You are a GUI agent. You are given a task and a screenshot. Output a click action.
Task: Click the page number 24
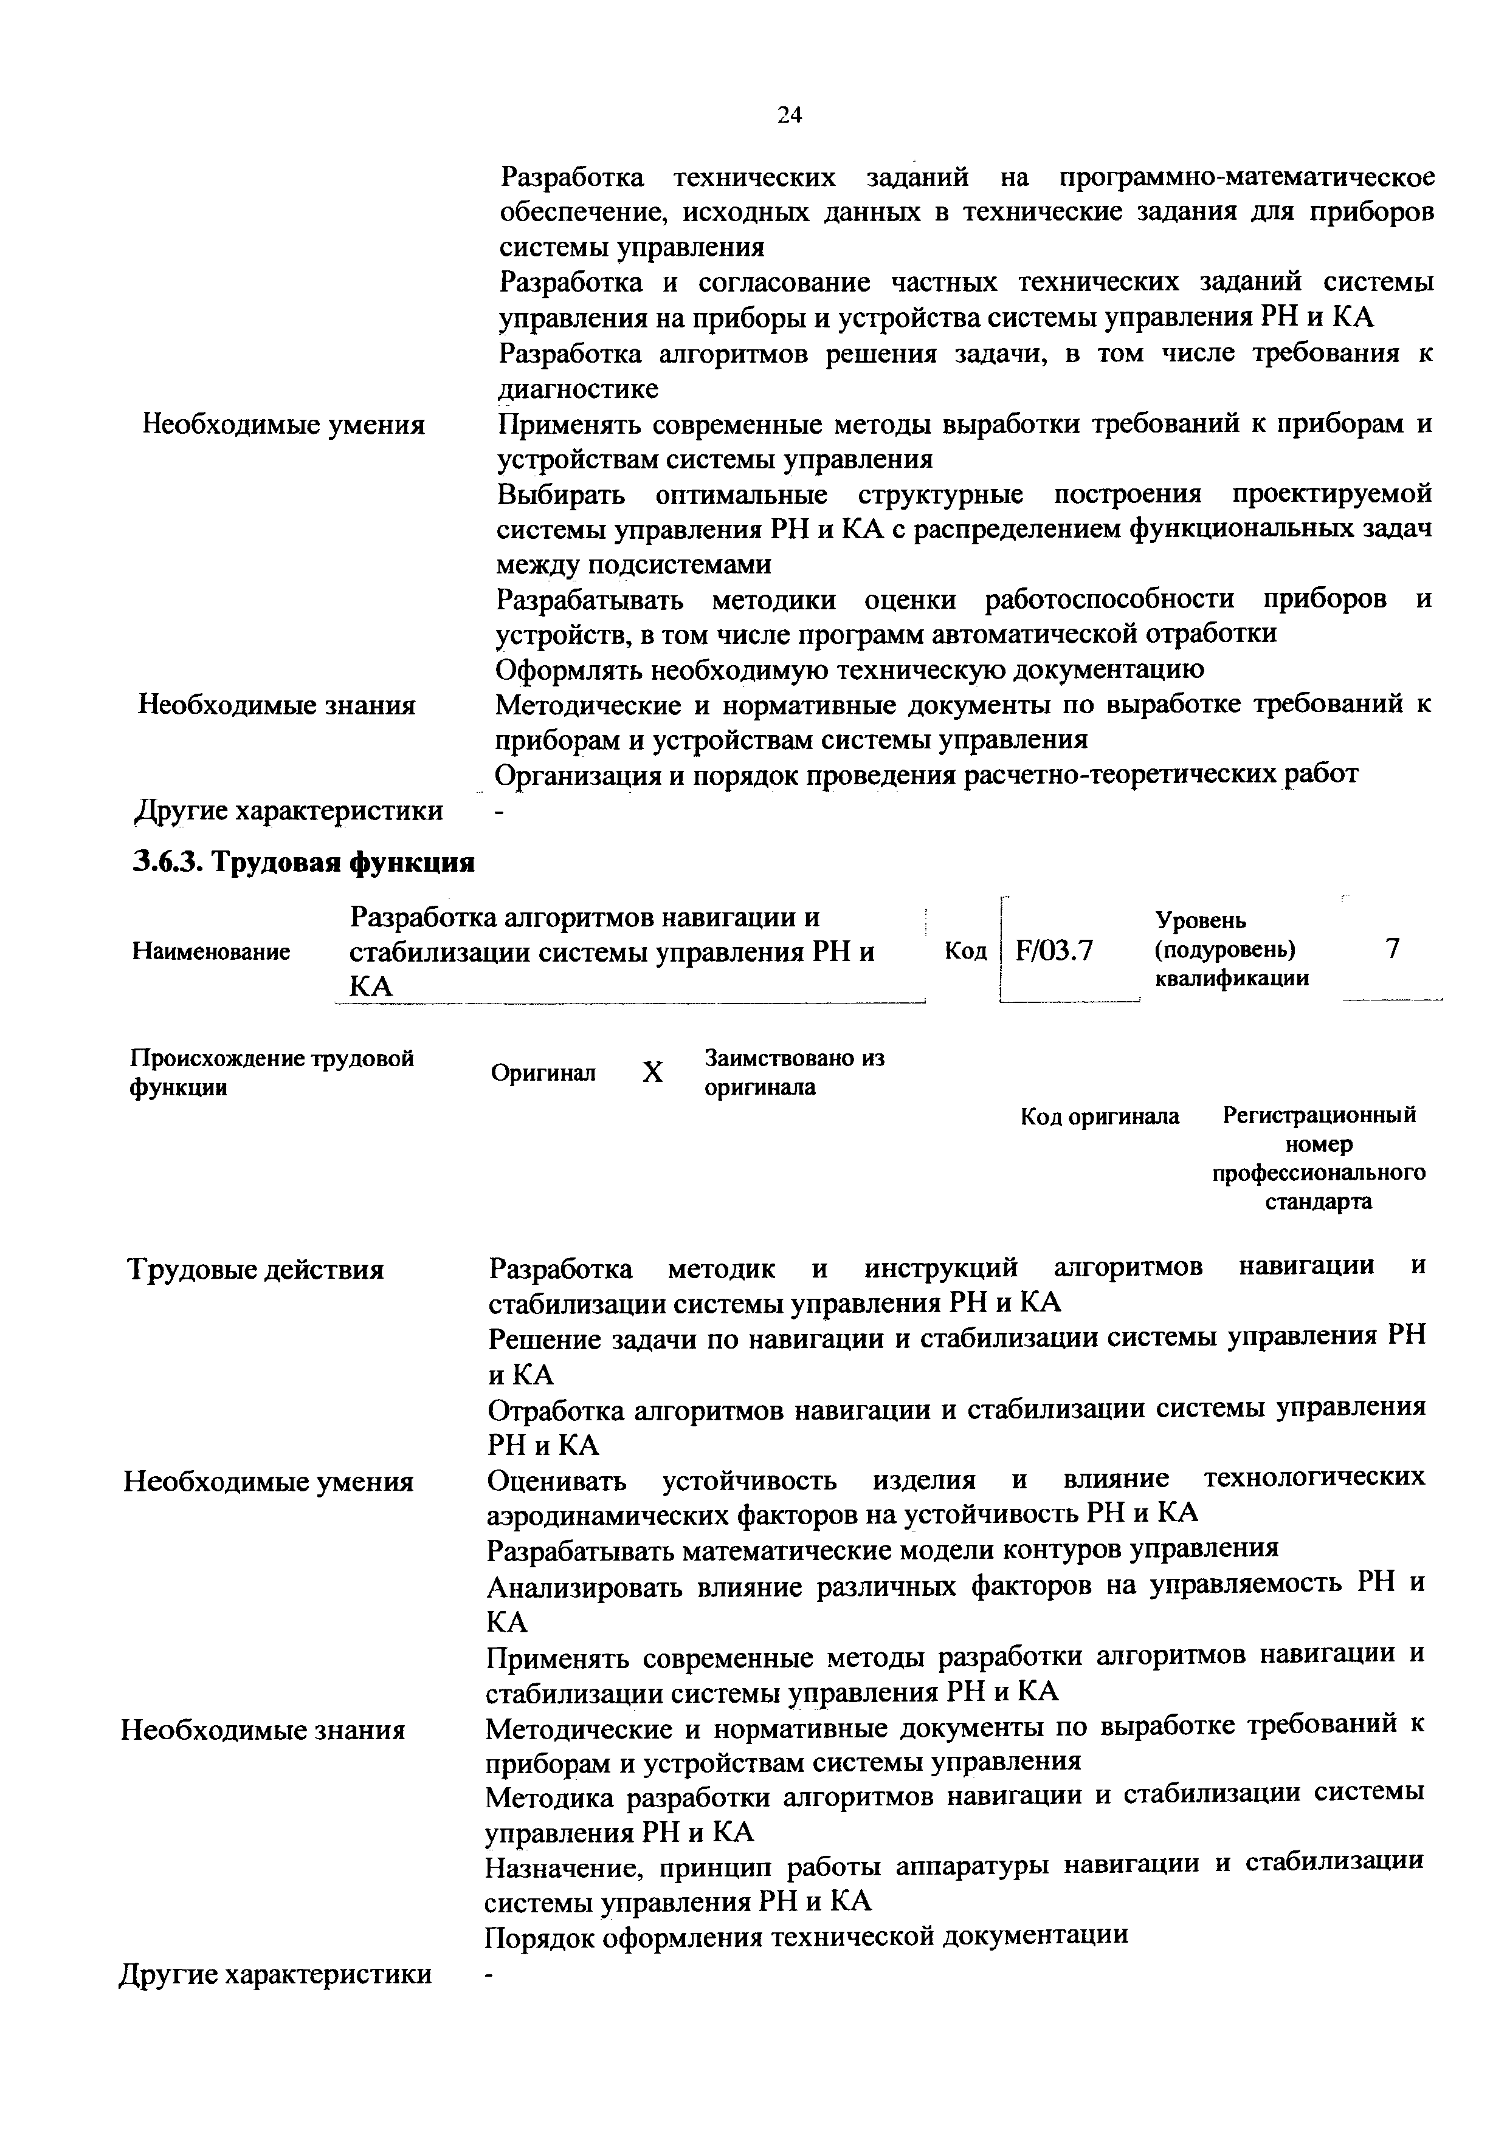[789, 115]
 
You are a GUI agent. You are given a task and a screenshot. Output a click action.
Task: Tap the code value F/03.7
[1054, 951]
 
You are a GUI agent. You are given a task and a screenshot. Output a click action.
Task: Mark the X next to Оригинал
[653, 1073]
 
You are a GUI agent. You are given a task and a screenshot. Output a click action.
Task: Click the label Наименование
[211, 951]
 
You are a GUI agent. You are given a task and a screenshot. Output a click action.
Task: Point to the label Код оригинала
[1099, 1116]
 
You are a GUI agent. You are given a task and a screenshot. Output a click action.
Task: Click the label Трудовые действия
[255, 1269]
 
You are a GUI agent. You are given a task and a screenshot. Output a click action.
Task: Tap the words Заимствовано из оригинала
[794, 1072]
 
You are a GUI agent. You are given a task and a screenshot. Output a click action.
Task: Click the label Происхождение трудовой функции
[271, 1072]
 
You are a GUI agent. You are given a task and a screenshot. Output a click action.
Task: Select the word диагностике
[579, 389]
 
